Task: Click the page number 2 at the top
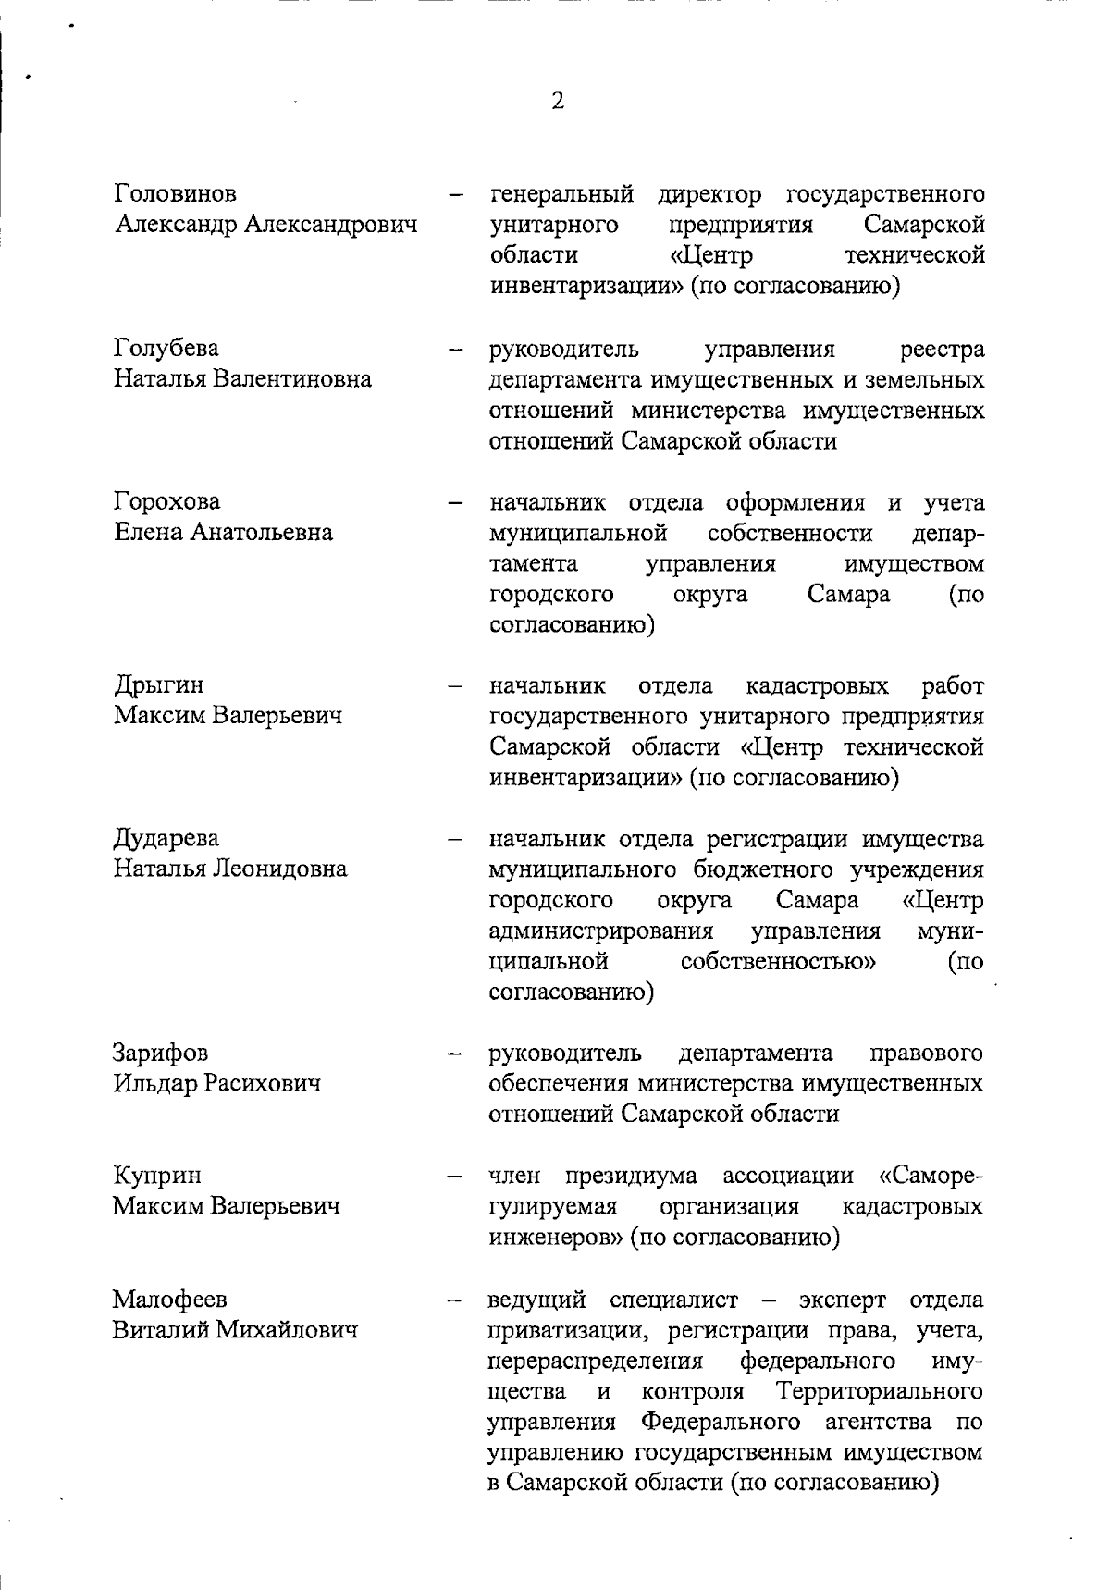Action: click(x=557, y=101)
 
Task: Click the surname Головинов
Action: click(x=175, y=193)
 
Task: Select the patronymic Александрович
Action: click(x=330, y=224)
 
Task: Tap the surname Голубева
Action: click(x=166, y=348)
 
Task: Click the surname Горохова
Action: click(x=167, y=501)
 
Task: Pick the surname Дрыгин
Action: click(x=159, y=684)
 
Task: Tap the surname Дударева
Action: click(x=166, y=838)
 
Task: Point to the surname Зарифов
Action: click(x=161, y=1053)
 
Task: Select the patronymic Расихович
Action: click(x=263, y=1083)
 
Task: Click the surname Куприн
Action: click(x=156, y=1175)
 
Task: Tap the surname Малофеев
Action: click(x=170, y=1299)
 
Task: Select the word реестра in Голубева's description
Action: click(x=941, y=349)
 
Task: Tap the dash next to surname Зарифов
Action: click(x=454, y=1054)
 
